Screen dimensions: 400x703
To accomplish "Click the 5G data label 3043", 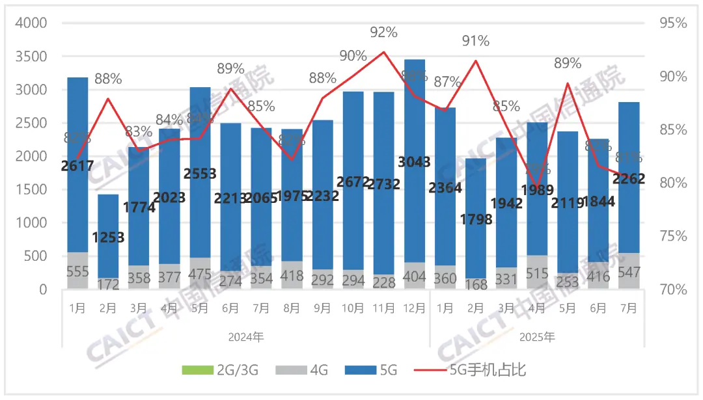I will (x=415, y=161).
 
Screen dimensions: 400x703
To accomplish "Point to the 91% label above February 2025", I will (x=475, y=41).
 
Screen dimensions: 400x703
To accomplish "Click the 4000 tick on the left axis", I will (x=31, y=23).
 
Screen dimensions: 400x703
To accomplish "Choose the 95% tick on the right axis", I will (x=674, y=23).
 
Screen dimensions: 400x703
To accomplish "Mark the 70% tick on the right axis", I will (x=674, y=289).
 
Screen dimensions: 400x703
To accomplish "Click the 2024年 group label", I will (x=246, y=337).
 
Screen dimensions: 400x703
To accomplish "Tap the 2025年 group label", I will (x=537, y=337).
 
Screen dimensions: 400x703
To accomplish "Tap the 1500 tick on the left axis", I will (x=31, y=190).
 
